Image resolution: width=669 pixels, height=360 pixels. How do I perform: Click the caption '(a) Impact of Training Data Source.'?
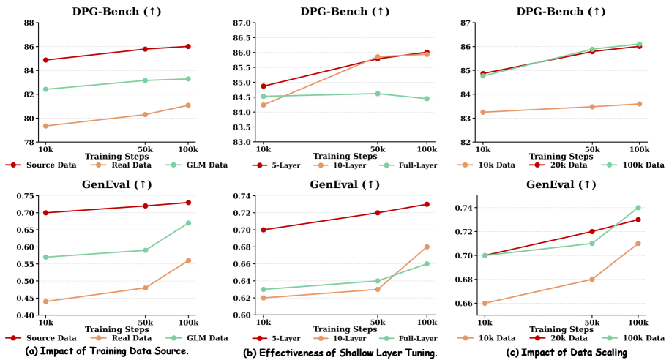point(107,351)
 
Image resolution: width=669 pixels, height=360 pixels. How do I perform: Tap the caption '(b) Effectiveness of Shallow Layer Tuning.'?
point(340,353)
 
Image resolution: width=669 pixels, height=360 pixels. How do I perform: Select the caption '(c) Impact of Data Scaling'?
point(567,353)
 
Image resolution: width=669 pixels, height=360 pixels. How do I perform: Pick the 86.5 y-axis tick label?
point(242,37)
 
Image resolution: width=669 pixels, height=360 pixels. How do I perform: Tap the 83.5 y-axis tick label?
point(242,127)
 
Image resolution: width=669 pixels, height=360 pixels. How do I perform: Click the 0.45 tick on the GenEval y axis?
point(26,298)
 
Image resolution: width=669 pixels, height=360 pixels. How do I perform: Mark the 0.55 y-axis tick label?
point(26,264)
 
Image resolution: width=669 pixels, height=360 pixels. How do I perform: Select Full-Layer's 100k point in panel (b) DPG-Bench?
point(427,99)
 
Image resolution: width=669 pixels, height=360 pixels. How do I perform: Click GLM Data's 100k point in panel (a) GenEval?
point(188,223)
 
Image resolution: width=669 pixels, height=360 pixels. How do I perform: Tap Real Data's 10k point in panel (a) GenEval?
point(45,301)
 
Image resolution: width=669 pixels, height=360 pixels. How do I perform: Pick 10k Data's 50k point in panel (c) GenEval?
point(592,280)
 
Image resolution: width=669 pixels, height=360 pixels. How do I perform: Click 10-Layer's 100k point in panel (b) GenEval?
point(427,247)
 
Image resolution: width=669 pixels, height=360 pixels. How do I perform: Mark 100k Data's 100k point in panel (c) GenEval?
point(638,208)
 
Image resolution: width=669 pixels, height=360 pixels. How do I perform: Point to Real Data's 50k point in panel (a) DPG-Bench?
point(146,114)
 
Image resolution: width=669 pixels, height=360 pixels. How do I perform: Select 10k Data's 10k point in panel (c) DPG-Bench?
point(483,112)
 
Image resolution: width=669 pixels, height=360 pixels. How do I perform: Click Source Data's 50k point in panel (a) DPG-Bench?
point(146,49)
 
